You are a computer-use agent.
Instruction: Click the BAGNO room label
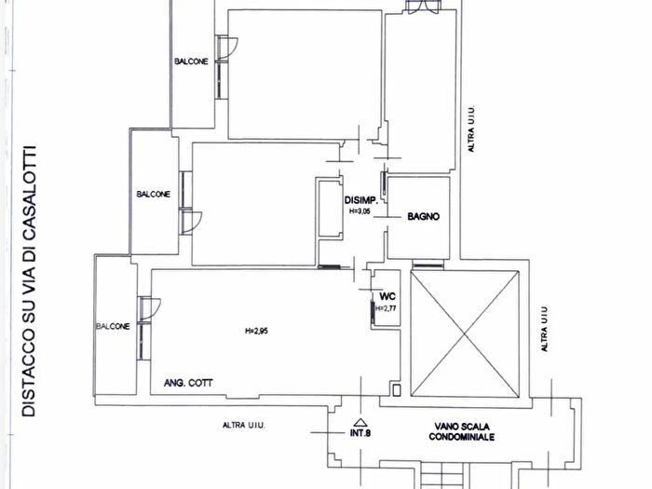pyautogui.click(x=423, y=216)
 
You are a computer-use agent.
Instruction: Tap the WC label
pyautogui.click(x=387, y=296)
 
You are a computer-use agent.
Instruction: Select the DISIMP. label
pyautogui.click(x=361, y=200)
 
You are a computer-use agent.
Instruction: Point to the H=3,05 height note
pyautogui.click(x=360, y=211)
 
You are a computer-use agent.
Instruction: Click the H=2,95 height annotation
pyautogui.click(x=256, y=331)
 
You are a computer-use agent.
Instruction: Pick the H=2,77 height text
pyautogui.click(x=386, y=308)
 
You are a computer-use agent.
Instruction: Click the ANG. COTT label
pyautogui.click(x=188, y=383)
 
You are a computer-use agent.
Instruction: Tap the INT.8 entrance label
pyautogui.click(x=360, y=433)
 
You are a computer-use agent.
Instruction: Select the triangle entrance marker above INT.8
pyautogui.click(x=360, y=422)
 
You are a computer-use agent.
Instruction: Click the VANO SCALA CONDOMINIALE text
pyautogui.click(x=462, y=431)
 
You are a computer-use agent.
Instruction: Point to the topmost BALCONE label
pyautogui.click(x=191, y=61)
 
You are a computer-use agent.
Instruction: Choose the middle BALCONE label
pyautogui.click(x=154, y=194)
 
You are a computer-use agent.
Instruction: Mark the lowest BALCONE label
pyautogui.click(x=113, y=326)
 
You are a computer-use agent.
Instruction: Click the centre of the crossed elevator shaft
pyautogui.click(x=465, y=333)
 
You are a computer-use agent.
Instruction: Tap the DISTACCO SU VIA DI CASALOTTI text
pyautogui.click(x=29, y=281)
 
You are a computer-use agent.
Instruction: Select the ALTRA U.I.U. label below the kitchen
pyautogui.click(x=244, y=426)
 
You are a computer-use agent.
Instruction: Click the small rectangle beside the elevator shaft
pyautogui.click(x=397, y=390)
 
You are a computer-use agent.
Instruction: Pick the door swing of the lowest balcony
pyautogui.click(x=154, y=308)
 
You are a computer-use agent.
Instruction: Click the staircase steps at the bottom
pyautogui.click(x=441, y=476)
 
